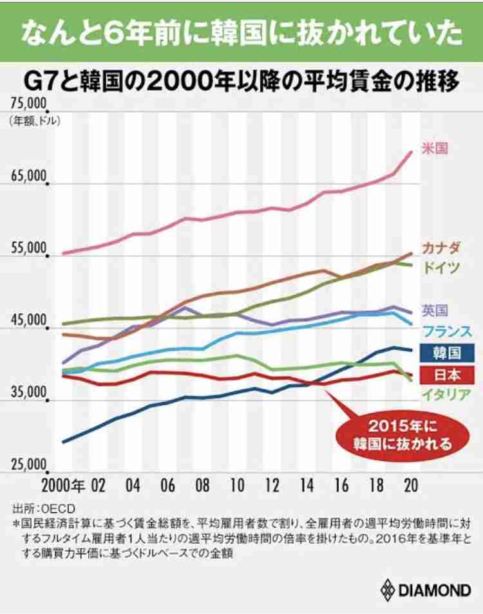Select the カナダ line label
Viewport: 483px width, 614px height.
[x=441, y=248]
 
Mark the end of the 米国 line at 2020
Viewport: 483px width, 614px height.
[x=412, y=152]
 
